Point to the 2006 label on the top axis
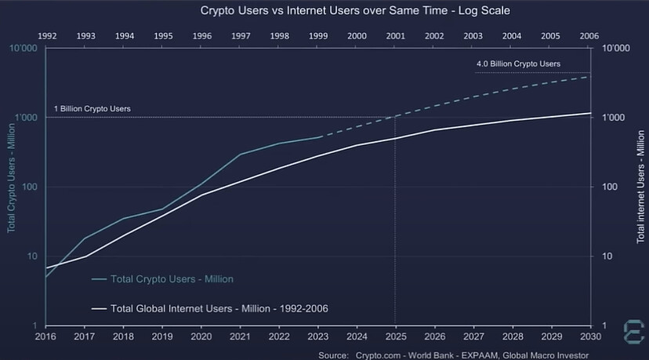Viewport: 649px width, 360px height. [589, 36]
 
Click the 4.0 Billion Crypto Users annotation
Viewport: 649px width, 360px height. [518, 64]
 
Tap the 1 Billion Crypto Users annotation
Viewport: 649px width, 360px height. [92, 108]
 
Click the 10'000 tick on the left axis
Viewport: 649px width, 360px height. [25, 49]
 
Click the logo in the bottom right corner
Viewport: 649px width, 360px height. [633, 329]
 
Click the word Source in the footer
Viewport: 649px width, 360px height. [332, 355]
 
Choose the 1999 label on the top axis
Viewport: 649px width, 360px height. [317, 36]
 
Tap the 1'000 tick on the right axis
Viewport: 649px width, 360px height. [612, 118]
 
